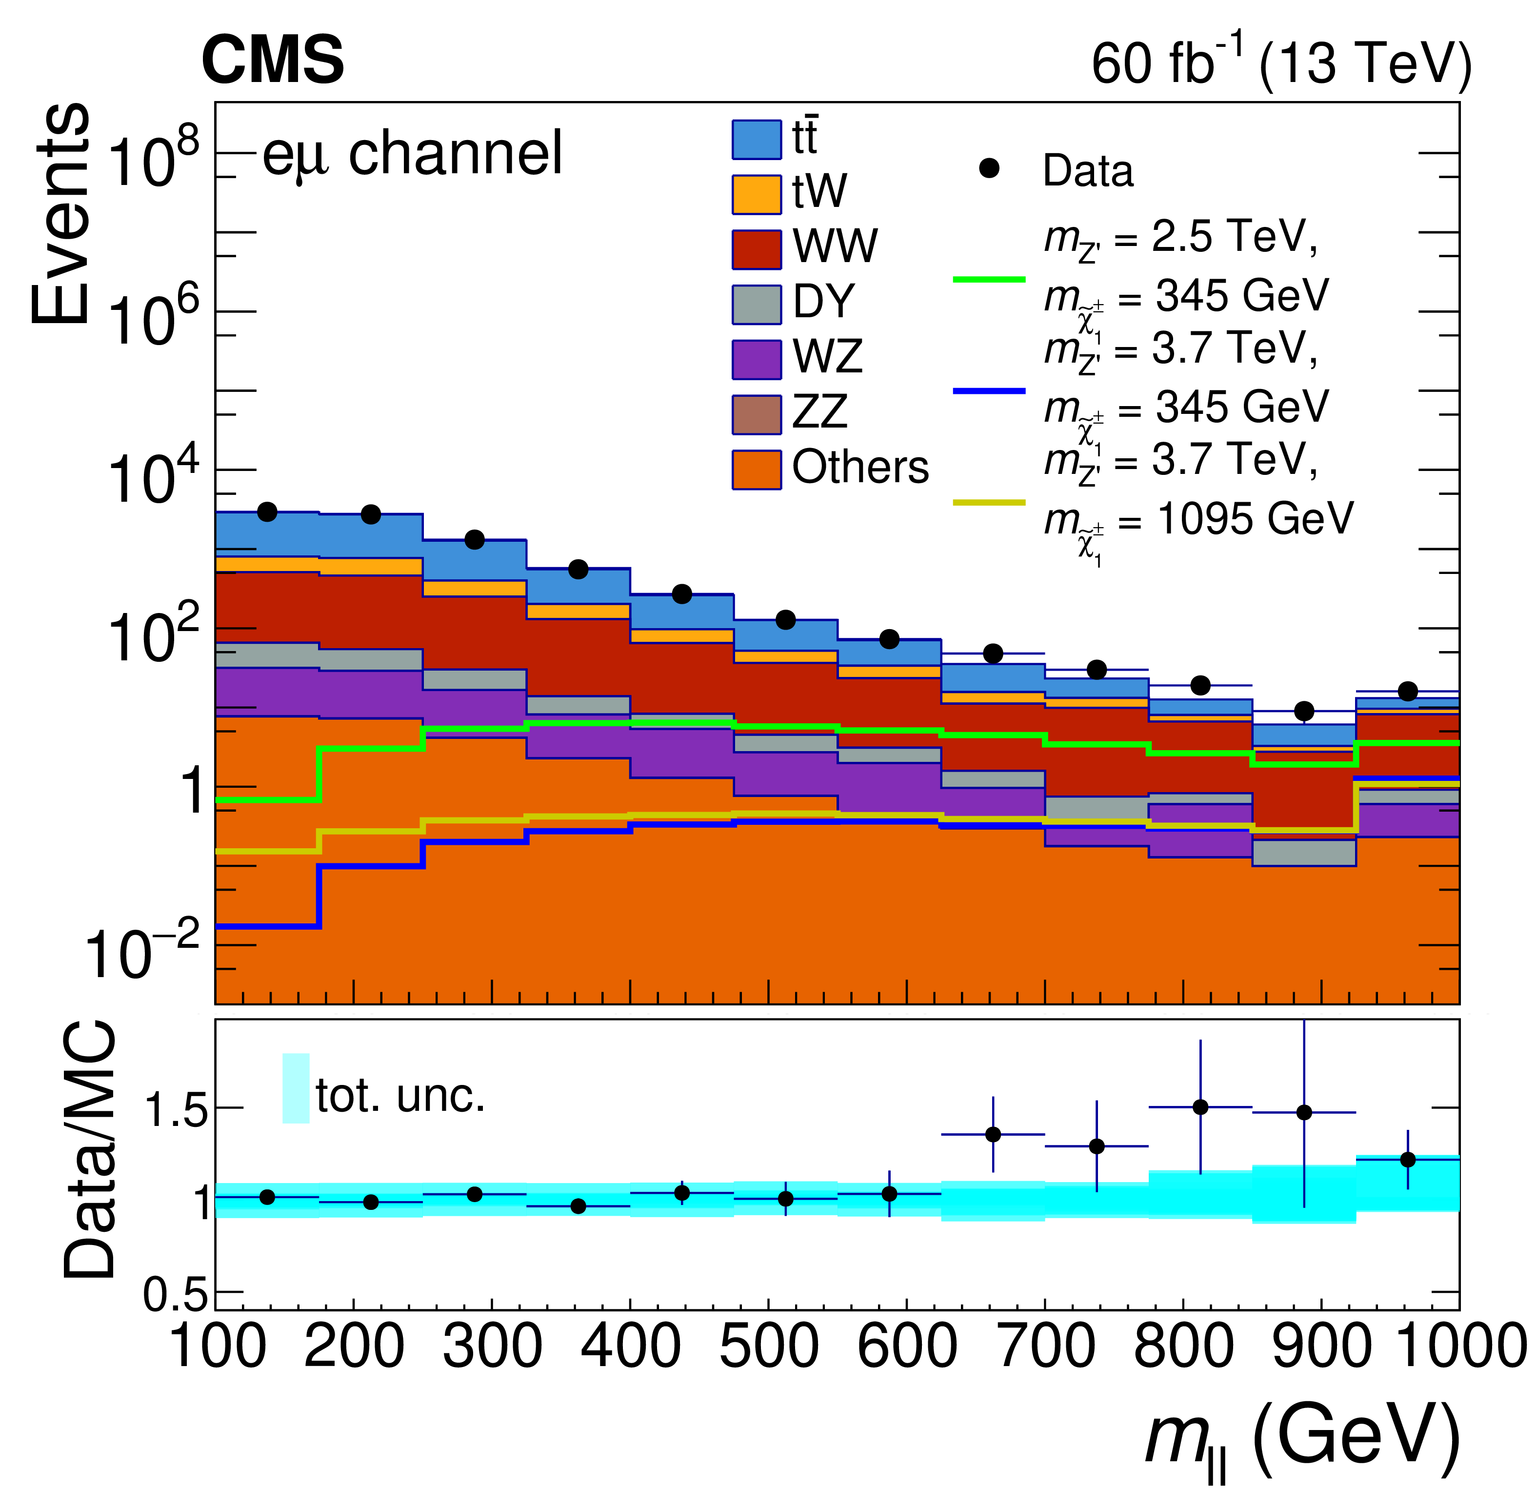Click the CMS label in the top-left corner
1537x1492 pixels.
[272, 61]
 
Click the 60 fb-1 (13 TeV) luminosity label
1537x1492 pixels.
[1280, 63]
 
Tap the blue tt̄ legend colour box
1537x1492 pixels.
[756, 140]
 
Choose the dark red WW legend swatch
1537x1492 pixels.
[756, 249]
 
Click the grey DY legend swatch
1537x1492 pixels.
[756, 305]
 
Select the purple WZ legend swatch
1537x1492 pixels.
[756, 359]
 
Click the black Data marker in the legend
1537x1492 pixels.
[990, 168]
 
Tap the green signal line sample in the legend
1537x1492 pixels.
[989, 279]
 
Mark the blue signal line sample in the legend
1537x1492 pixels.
[989, 390]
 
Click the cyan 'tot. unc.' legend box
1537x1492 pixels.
[296, 1088]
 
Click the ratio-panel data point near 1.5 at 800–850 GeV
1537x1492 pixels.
[1200, 1107]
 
